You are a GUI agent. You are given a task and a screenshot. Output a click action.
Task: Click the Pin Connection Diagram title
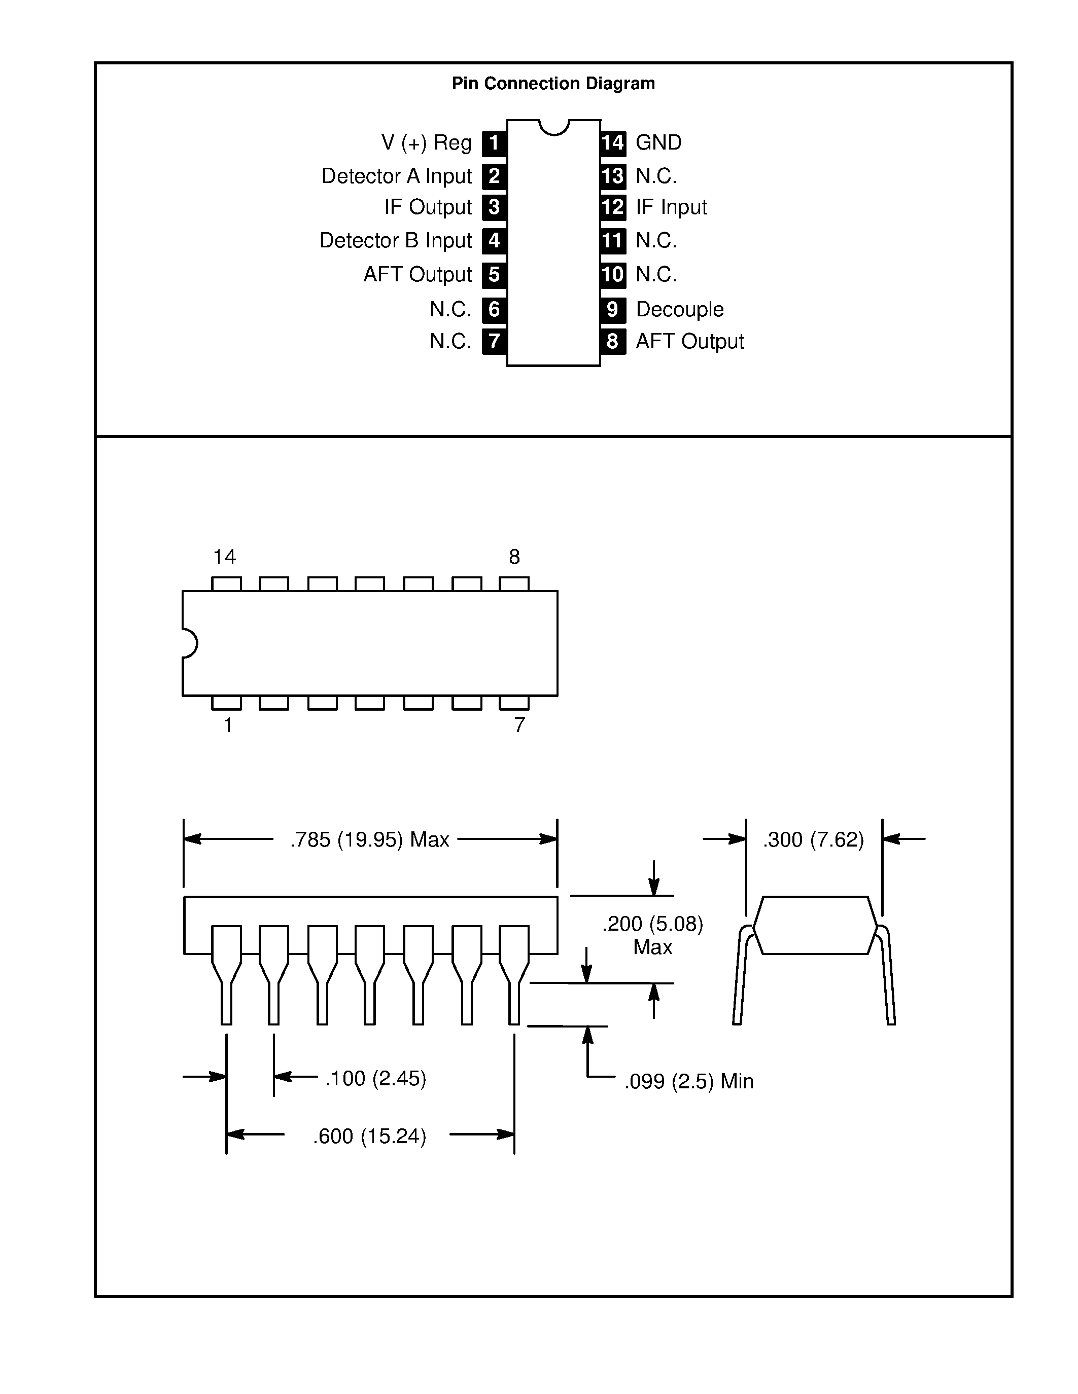click(553, 84)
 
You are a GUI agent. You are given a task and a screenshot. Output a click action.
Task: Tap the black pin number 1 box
click(494, 143)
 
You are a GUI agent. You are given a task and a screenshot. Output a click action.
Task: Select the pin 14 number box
click(612, 142)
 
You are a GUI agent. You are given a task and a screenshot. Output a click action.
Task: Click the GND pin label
click(658, 142)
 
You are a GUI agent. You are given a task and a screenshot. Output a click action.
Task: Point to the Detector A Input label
click(396, 176)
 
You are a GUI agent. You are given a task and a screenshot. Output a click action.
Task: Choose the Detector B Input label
click(395, 241)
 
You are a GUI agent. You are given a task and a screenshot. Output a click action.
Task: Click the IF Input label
click(671, 207)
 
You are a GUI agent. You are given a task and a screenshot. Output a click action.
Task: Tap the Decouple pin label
click(679, 310)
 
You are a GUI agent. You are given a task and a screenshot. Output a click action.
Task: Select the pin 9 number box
click(612, 310)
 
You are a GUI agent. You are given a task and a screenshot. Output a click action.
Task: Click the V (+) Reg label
click(426, 142)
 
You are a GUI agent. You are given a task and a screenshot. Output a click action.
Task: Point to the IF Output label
click(427, 207)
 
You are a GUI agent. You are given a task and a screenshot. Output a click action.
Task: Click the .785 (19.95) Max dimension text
click(370, 839)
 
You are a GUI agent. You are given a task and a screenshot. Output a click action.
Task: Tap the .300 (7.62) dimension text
click(813, 839)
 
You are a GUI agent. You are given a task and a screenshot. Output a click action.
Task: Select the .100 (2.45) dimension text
click(375, 1078)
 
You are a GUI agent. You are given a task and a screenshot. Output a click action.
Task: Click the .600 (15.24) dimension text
click(369, 1136)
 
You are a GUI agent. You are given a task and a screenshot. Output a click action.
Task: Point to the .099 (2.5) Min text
click(688, 1081)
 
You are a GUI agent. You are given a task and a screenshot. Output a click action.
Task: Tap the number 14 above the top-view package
click(224, 557)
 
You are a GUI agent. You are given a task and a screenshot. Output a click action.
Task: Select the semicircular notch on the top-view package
click(190, 643)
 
